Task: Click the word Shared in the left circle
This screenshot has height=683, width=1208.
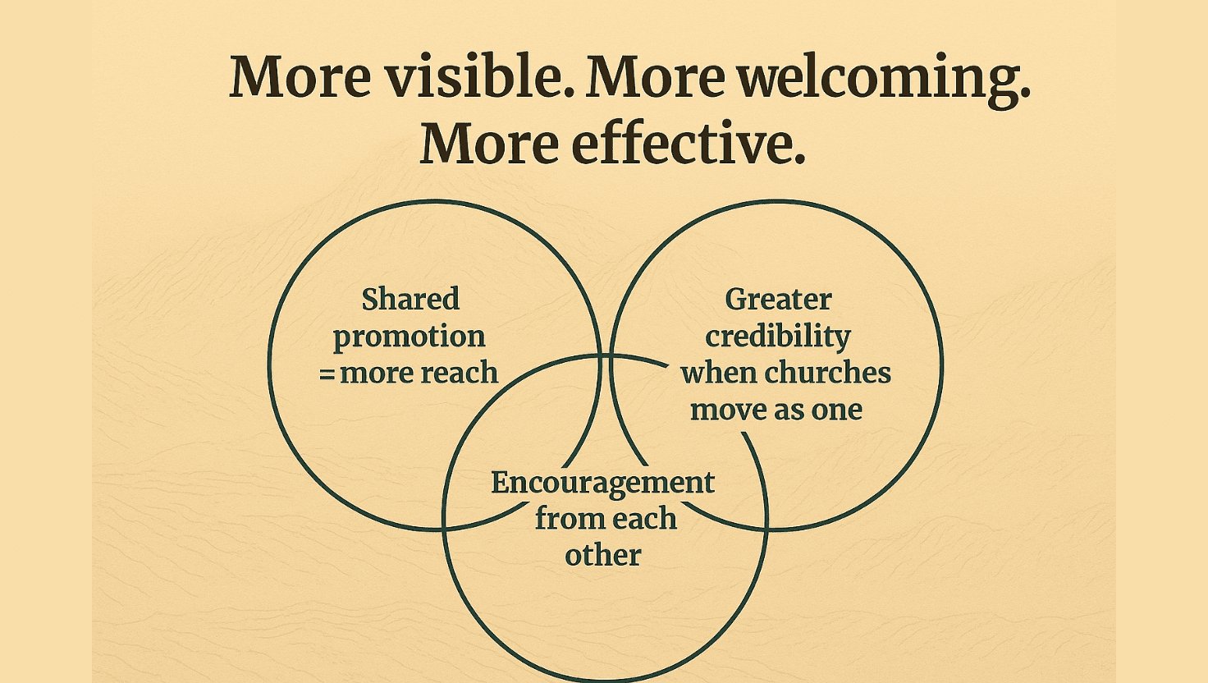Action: pyautogui.click(x=410, y=299)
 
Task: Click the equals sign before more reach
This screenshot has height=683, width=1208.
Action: pyautogui.click(x=327, y=374)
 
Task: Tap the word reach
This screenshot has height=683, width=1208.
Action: pyautogui.click(x=460, y=373)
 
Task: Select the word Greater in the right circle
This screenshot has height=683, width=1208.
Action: pyautogui.click(x=778, y=299)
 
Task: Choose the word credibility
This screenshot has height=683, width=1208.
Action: pyautogui.click(x=778, y=337)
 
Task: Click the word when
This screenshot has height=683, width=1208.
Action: pyautogui.click(x=719, y=373)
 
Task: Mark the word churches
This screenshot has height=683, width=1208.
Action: pyautogui.click(x=827, y=373)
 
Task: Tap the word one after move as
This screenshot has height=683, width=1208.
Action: pyautogui.click(x=836, y=410)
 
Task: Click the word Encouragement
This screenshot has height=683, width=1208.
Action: pyautogui.click(x=603, y=483)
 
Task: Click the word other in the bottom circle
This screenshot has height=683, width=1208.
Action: pyautogui.click(x=603, y=555)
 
